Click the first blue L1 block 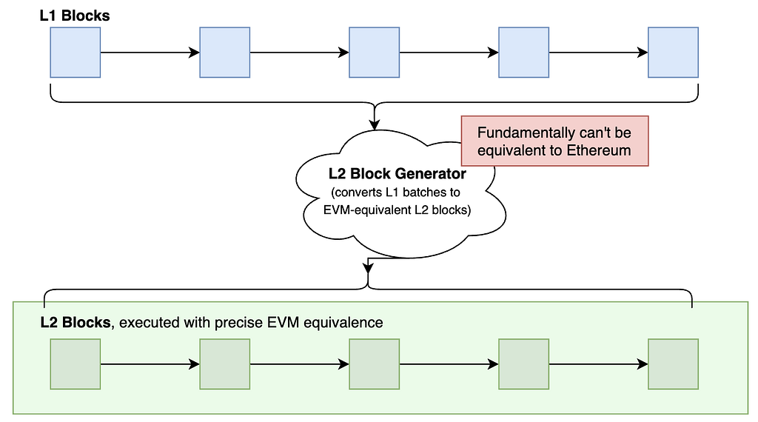[76, 53]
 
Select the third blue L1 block [374, 53]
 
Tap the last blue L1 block [673, 53]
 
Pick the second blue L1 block [225, 53]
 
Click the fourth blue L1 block [523, 53]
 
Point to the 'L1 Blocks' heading [75, 16]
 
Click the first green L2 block [76, 364]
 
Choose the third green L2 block [374, 364]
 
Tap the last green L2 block [673, 364]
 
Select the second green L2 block [225, 364]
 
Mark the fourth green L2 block [523, 364]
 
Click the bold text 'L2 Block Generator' [398, 173]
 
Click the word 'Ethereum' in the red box [598, 150]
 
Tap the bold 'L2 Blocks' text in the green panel [76, 322]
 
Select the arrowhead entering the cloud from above [374, 124]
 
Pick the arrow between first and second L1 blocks [150, 53]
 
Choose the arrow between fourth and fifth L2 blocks [598, 364]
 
